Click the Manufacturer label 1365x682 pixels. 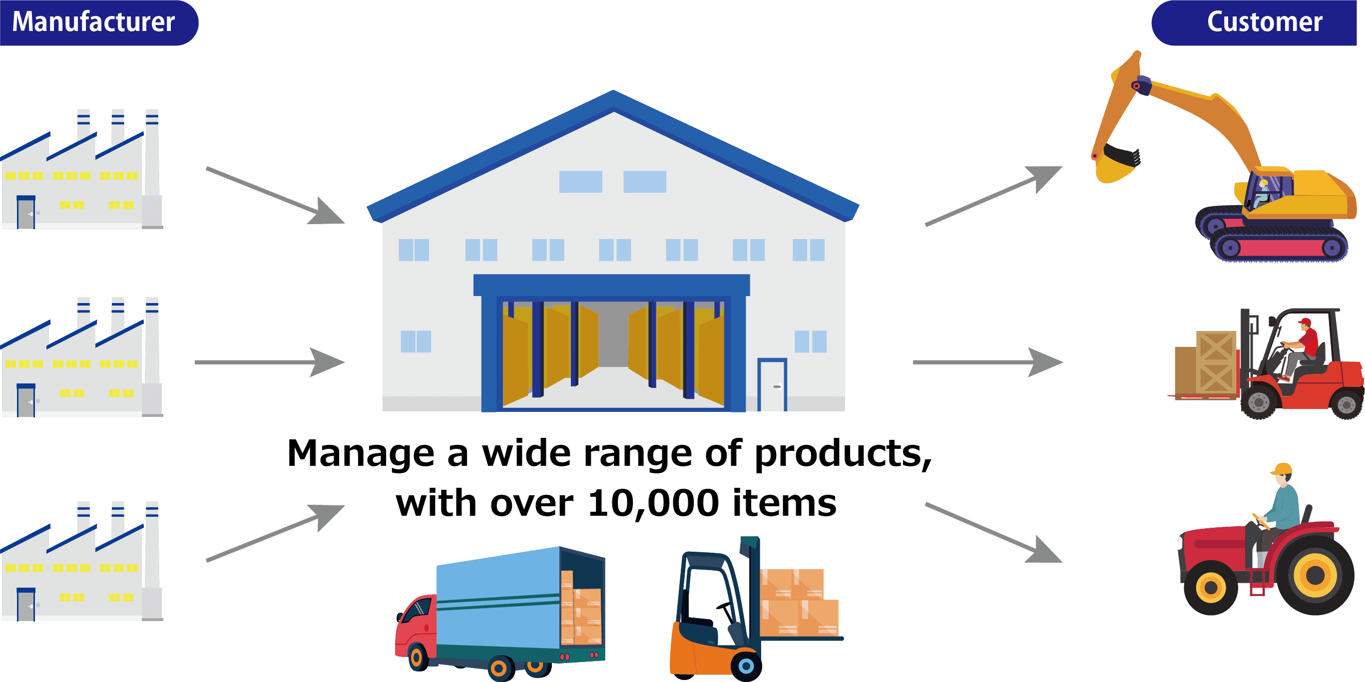coord(94,22)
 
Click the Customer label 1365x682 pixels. coord(1264,22)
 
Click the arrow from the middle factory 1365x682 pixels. coord(270,362)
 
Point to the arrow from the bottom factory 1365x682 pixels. coord(276,532)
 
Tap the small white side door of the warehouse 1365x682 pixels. coord(772,385)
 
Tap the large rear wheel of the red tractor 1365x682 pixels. coord(1315,575)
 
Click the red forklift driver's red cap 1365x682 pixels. coord(1305,322)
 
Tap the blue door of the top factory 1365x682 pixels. coord(25,213)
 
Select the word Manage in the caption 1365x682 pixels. coord(360,454)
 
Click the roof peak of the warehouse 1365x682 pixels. coord(614,98)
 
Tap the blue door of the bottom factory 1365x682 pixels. coord(25,605)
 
